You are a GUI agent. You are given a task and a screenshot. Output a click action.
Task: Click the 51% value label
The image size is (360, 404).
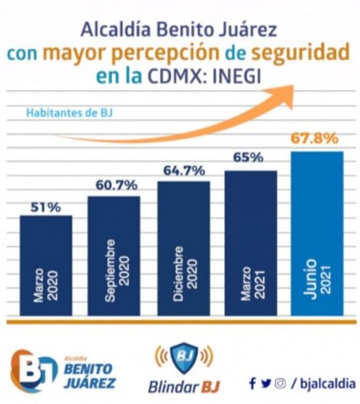(x=46, y=207)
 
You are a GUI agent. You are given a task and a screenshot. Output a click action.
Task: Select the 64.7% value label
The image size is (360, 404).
(x=183, y=171)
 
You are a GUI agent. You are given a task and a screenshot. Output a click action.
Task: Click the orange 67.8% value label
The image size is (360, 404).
(x=316, y=138)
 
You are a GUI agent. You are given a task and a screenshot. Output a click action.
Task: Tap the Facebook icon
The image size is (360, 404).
(x=252, y=384)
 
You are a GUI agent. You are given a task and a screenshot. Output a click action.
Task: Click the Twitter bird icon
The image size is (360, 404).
(x=265, y=384)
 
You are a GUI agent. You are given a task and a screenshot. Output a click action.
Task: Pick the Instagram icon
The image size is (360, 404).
(x=280, y=384)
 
